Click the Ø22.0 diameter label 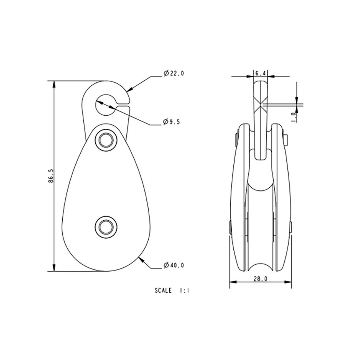click(x=173, y=73)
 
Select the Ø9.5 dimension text click(x=171, y=122)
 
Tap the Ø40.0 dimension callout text click(x=173, y=265)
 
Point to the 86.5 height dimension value click(x=51, y=176)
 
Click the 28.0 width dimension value click(x=260, y=279)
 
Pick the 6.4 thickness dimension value click(x=260, y=73)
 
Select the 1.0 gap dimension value click(x=294, y=117)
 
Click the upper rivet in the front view click(x=106, y=140)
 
